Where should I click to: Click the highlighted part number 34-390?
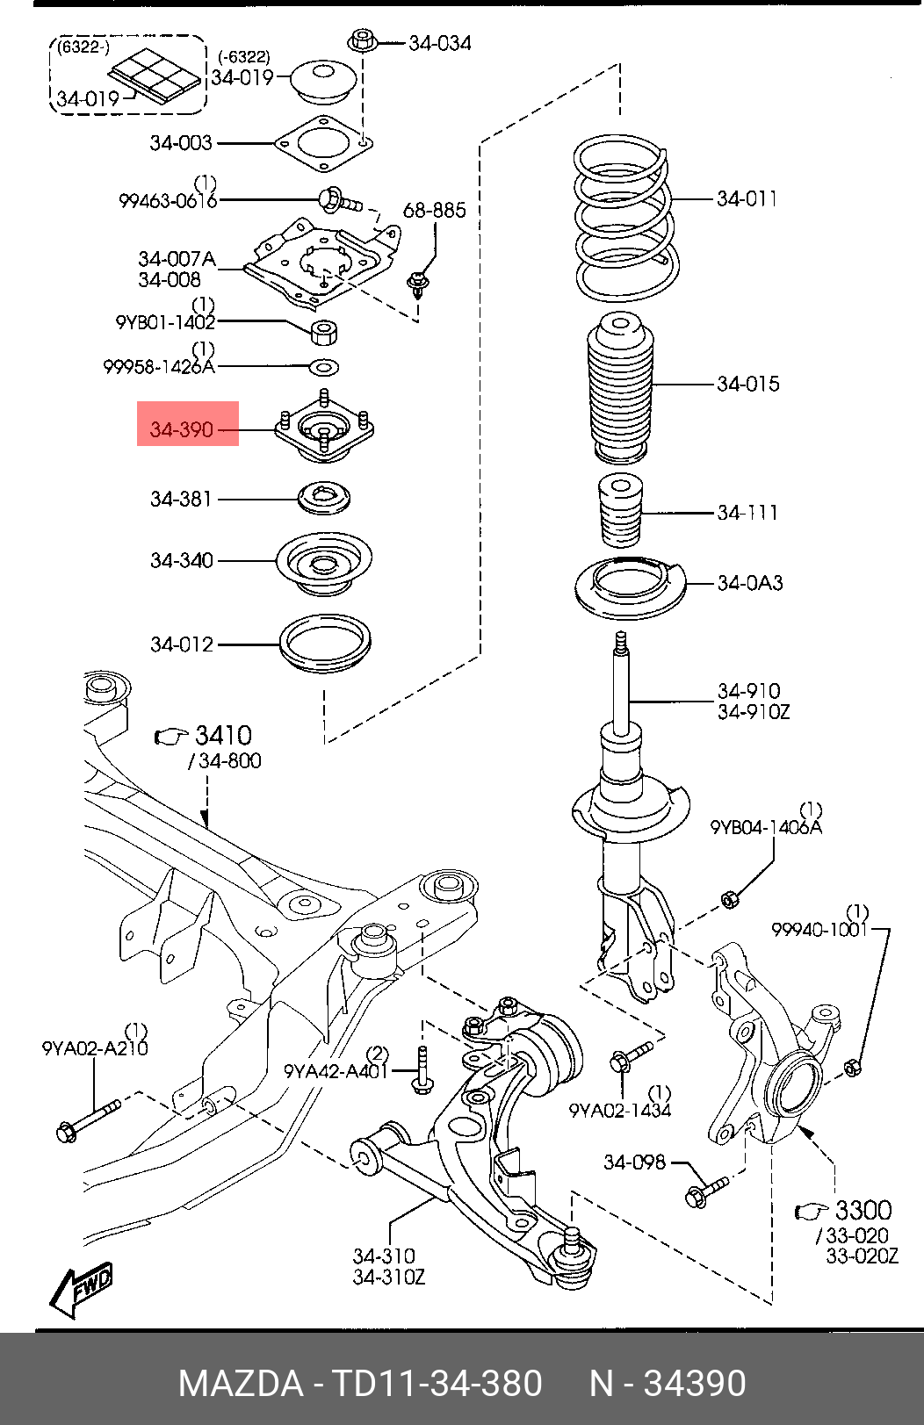click(x=181, y=430)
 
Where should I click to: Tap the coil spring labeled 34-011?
click(x=626, y=218)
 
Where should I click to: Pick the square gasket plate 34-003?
click(x=323, y=144)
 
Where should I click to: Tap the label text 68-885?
click(x=435, y=210)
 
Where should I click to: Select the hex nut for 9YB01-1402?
click(x=324, y=333)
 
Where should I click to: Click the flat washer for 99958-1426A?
click(x=323, y=367)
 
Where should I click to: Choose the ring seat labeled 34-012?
click(x=326, y=644)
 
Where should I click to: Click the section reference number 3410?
click(x=223, y=736)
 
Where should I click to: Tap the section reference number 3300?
click(x=863, y=1210)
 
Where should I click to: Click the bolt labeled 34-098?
click(x=706, y=1192)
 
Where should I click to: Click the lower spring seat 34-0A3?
click(x=631, y=587)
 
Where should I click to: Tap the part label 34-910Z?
click(x=754, y=711)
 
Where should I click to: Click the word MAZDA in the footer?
click(x=241, y=1383)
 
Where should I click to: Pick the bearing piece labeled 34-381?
click(x=325, y=498)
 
